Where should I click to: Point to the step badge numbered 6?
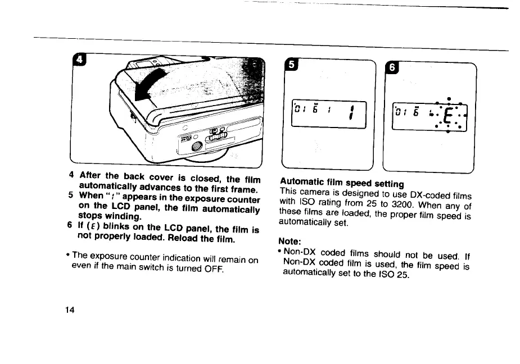click(392, 69)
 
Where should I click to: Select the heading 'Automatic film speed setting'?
click(342, 184)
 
